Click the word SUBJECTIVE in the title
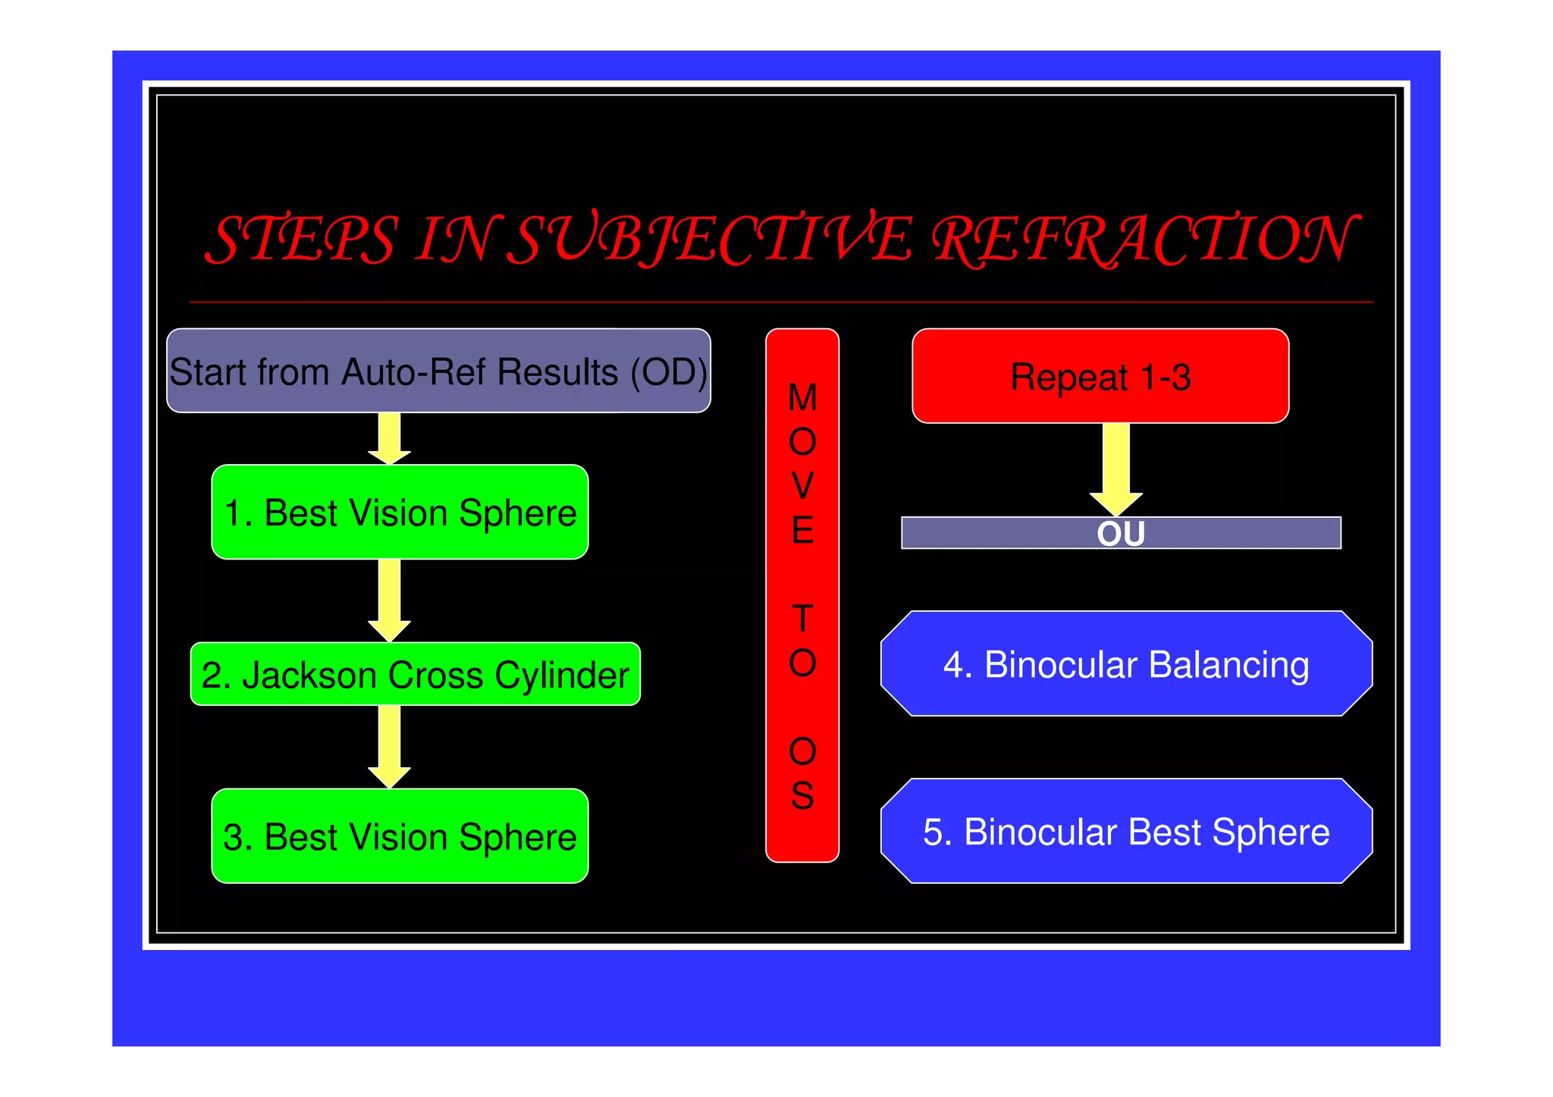coord(709,239)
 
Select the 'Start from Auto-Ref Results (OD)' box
coord(438,371)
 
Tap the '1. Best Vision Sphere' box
coord(400,512)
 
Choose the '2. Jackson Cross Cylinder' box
coord(415,674)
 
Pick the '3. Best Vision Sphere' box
coord(400,836)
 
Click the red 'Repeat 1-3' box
coord(1100,376)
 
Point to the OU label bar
coord(1121,533)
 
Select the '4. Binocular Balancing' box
coord(1126,664)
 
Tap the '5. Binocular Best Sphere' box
coord(1126,831)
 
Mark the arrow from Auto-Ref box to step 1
coord(390,438)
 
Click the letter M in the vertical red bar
coord(802,397)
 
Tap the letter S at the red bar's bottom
coord(802,796)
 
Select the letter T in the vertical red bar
coord(802,619)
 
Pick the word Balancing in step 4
coord(1228,665)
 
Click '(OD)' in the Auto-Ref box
coord(669,371)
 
